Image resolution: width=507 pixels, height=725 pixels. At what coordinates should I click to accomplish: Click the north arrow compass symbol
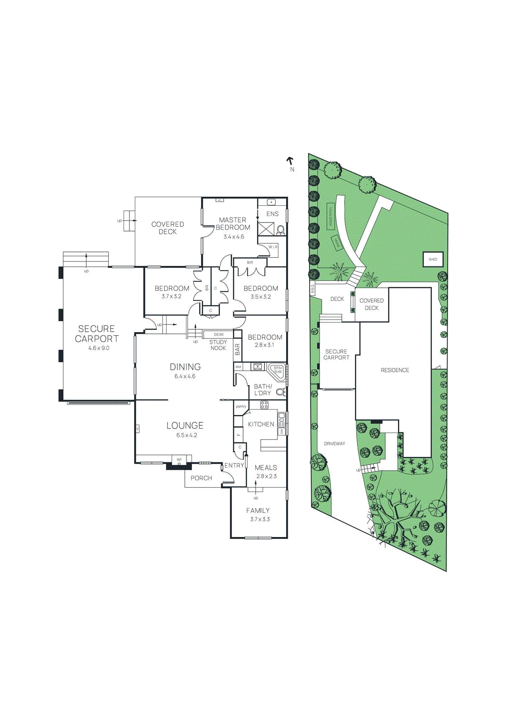(x=290, y=161)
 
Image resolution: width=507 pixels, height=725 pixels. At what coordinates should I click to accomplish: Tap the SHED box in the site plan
(x=433, y=259)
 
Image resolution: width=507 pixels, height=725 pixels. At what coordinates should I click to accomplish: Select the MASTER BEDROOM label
(x=233, y=223)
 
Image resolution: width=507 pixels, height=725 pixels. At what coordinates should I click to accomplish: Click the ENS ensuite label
(x=272, y=214)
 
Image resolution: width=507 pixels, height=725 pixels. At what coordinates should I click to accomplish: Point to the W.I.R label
(x=273, y=247)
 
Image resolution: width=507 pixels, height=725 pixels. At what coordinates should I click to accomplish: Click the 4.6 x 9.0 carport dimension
(x=99, y=348)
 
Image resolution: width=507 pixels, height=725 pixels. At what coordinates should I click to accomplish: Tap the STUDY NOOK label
(x=218, y=345)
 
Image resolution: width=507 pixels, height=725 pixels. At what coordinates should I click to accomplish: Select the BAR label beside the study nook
(x=238, y=349)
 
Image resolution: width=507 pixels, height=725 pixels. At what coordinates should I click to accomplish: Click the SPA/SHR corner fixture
(x=277, y=370)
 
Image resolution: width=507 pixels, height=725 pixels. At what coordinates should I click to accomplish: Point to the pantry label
(x=241, y=406)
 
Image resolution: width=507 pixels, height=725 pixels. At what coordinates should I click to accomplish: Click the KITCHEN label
(x=261, y=424)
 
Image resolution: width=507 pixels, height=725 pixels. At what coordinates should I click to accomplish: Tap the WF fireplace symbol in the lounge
(x=179, y=460)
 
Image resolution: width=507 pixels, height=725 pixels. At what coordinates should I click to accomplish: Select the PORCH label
(x=201, y=478)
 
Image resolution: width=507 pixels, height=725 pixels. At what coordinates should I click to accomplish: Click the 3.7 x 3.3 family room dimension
(x=260, y=519)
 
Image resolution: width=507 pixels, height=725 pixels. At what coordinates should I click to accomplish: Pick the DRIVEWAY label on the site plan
(x=335, y=444)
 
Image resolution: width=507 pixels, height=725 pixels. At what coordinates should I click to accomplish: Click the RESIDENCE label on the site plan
(x=395, y=370)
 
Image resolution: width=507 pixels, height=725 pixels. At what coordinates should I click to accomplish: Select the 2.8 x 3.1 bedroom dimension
(x=264, y=345)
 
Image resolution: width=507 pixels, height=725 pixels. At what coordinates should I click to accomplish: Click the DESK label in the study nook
(x=219, y=334)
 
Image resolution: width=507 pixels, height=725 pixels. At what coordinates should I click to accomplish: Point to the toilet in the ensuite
(x=280, y=231)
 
